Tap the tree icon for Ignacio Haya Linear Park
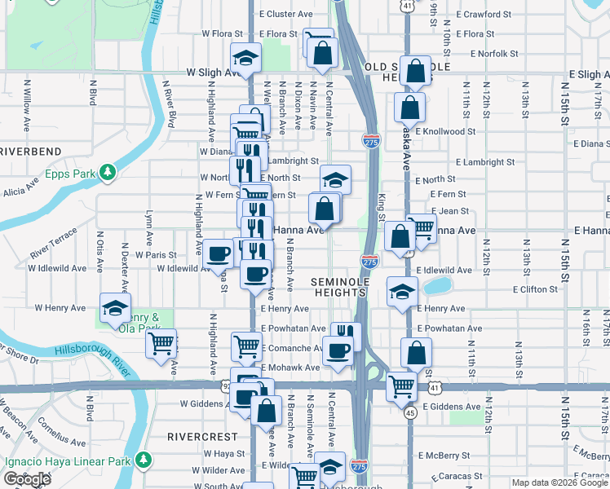pyautogui.click(x=144, y=460)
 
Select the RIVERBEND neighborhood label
pyautogui.click(x=30, y=152)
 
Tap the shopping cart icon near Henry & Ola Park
pyautogui.click(x=161, y=343)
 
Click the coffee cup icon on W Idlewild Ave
pyautogui.click(x=217, y=253)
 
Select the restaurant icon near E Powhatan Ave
pyautogui.click(x=346, y=333)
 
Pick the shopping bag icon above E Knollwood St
pyautogui.click(x=409, y=107)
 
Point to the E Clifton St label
pyautogui.click(x=535, y=289)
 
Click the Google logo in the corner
pyautogui.click(x=26, y=479)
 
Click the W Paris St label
pyautogui.click(x=157, y=254)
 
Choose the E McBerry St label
pyautogui.click(x=440, y=456)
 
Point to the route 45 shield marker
pyautogui.click(x=410, y=413)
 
